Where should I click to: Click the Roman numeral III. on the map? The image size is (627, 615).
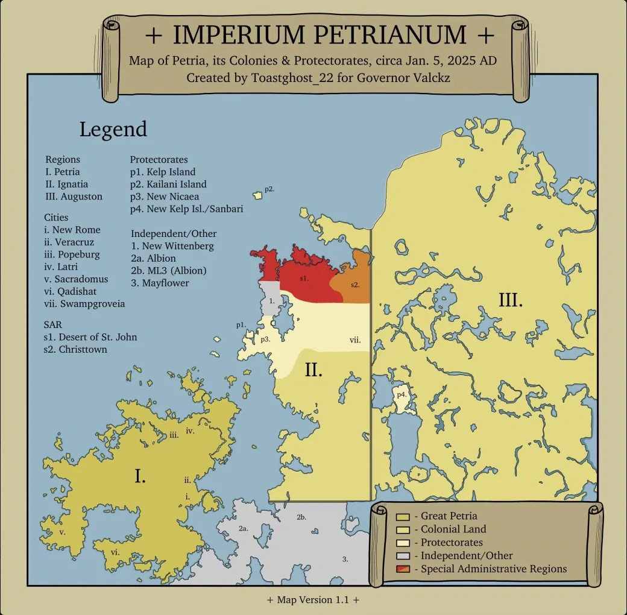click(x=510, y=300)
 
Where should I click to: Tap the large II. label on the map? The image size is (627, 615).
click(x=313, y=369)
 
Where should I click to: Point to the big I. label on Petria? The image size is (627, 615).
click(x=140, y=476)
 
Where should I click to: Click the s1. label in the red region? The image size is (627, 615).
click(x=304, y=279)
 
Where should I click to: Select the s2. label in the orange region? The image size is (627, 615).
click(x=355, y=284)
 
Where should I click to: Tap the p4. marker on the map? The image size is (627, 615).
click(x=402, y=394)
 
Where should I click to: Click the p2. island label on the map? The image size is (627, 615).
click(x=269, y=189)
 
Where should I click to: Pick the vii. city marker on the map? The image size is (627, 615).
click(x=355, y=339)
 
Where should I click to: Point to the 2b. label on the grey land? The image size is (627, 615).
click(x=301, y=517)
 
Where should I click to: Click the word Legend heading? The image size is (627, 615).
click(x=113, y=129)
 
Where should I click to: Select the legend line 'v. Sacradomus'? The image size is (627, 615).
click(x=76, y=279)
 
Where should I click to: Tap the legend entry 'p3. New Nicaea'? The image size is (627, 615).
click(x=165, y=197)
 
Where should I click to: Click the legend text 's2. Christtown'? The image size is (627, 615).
click(x=75, y=349)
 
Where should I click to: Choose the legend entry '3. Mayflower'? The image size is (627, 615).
click(x=160, y=283)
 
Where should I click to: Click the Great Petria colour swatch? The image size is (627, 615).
click(x=403, y=517)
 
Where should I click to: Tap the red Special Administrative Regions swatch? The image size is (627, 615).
click(x=403, y=569)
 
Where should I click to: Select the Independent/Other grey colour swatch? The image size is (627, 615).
click(x=403, y=555)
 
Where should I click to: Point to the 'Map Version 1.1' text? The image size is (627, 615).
click(x=313, y=600)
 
